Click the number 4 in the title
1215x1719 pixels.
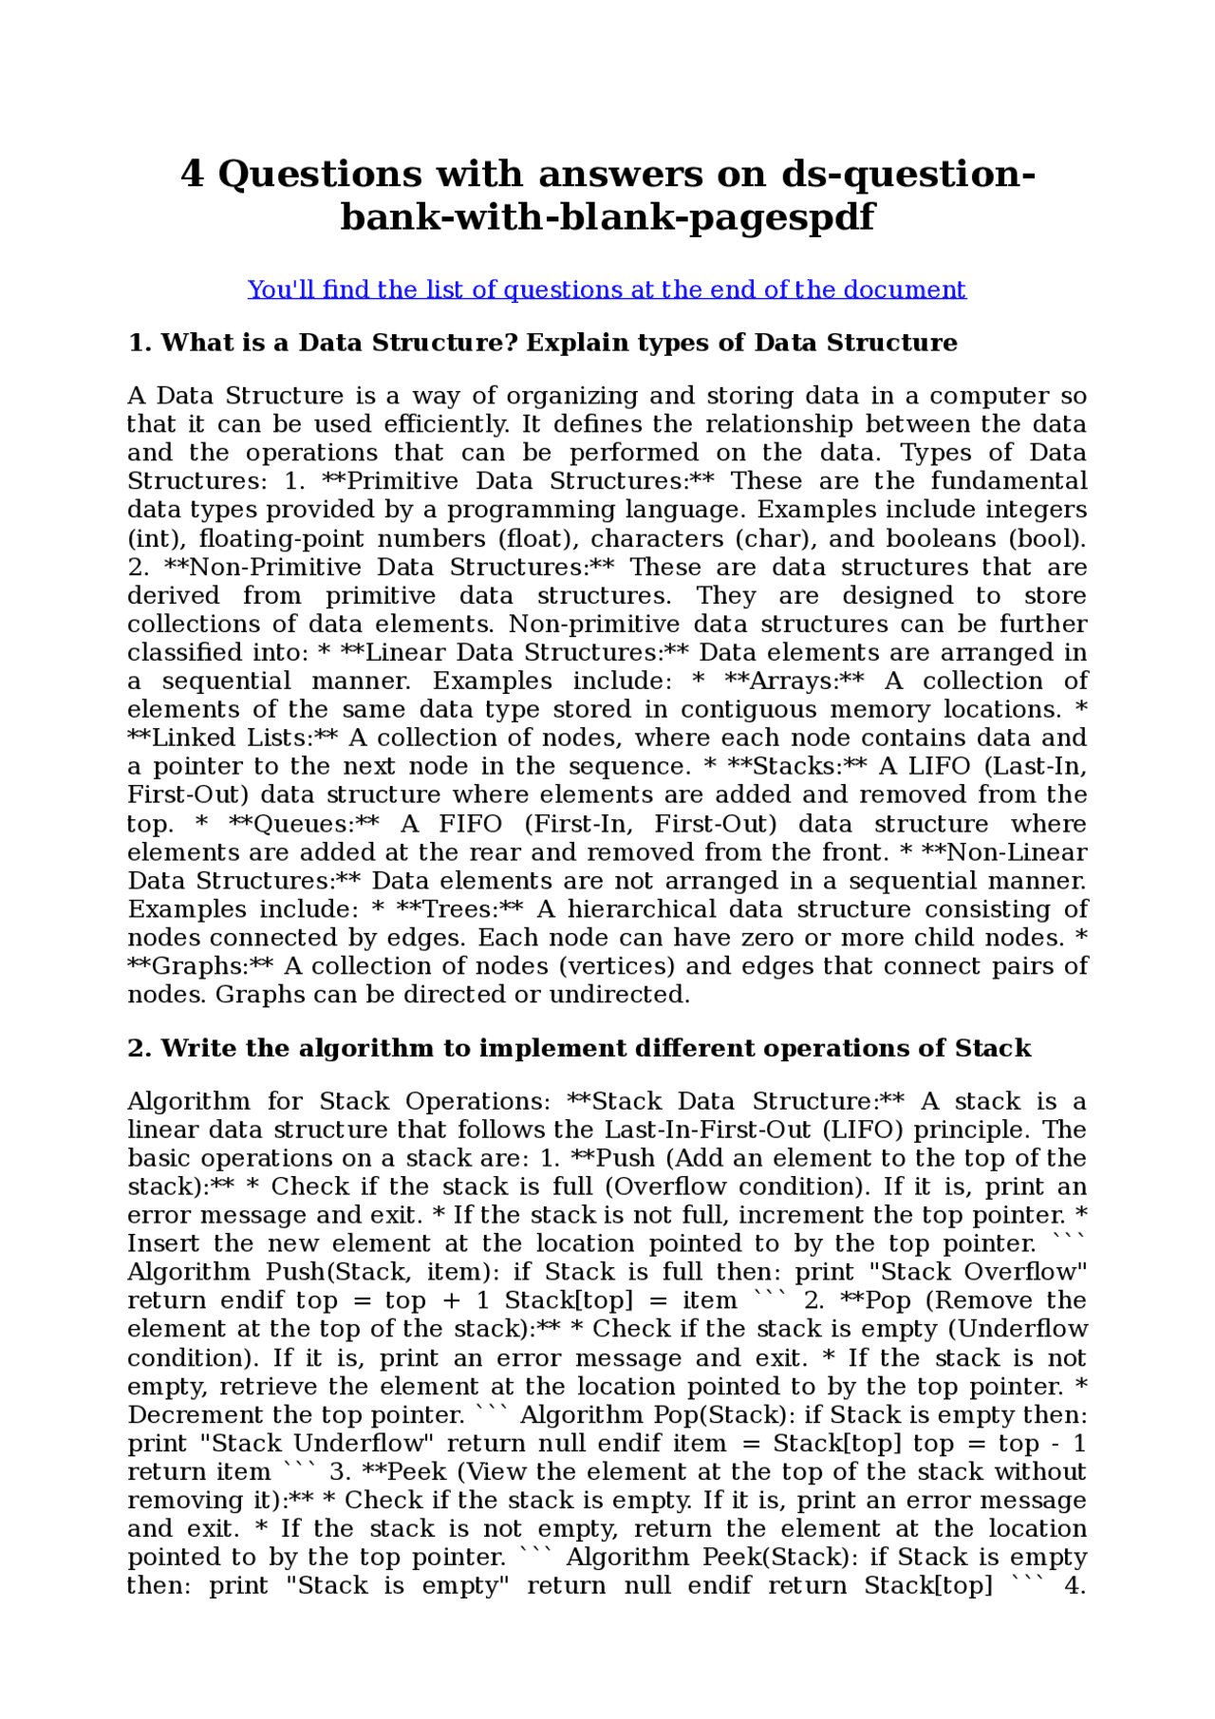click(192, 175)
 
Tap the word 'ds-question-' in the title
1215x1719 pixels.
click(908, 175)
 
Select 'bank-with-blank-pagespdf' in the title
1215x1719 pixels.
click(607, 217)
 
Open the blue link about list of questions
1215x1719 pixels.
click(607, 290)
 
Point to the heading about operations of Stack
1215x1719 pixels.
click(579, 1048)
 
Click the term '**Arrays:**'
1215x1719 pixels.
click(794, 681)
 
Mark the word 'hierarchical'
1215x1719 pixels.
click(642, 909)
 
